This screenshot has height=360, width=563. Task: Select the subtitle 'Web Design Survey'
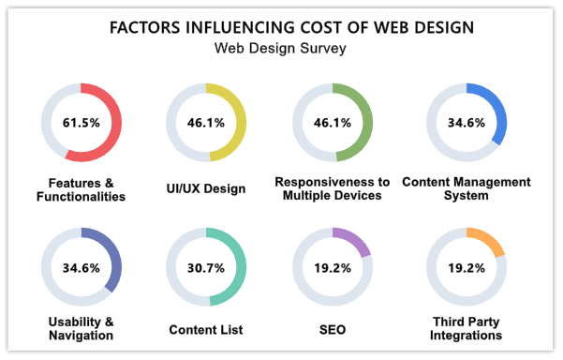pyautogui.click(x=280, y=49)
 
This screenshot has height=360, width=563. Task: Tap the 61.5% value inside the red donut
pyautogui.click(x=81, y=123)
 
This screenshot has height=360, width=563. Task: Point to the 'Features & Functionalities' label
pyautogui.click(x=81, y=188)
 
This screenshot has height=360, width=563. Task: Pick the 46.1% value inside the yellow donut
pyautogui.click(x=206, y=123)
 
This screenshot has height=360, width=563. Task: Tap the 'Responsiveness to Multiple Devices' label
pyautogui.click(x=332, y=188)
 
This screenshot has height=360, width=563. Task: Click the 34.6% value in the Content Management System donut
pyautogui.click(x=466, y=123)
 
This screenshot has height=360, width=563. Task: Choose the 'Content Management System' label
pyautogui.click(x=466, y=188)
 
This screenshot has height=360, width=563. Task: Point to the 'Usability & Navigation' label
pyautogui.click(x=81, y=328)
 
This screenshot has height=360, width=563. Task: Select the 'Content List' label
pyautogui.click(x=206, y=330)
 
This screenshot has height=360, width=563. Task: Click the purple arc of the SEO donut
pyautogui.click(x=359, y=240)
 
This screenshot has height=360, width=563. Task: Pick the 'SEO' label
pyautogui.click(x=332, y=330)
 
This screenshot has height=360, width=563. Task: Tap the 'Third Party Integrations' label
pyautogui.click(x=466, y=328)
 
